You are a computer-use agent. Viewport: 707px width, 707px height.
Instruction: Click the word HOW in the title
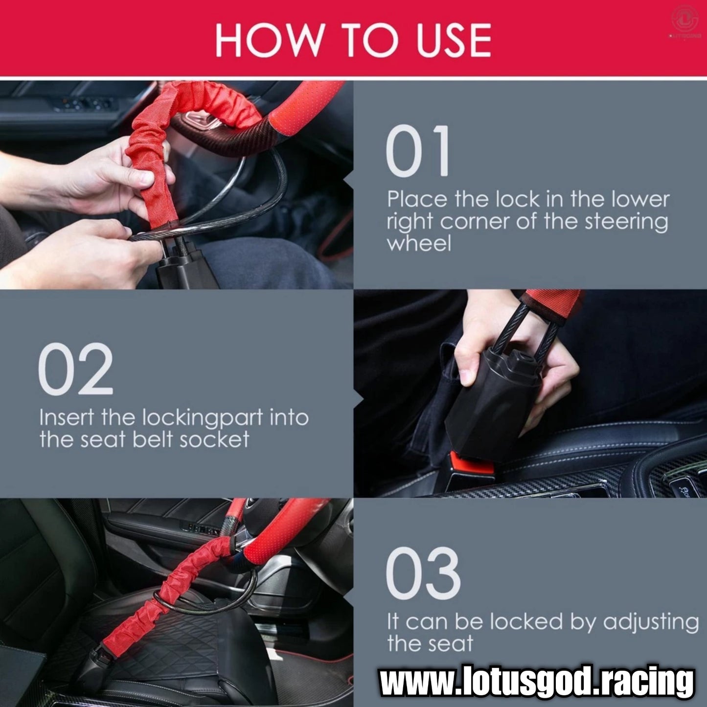pyautogui.click(x=270, y=40)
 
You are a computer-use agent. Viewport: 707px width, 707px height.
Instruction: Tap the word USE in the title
pyautogui.click(x=454, y=40)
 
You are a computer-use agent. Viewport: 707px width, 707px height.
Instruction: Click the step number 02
pyautogui.click(x=75, y=369)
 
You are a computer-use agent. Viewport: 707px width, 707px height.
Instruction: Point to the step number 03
pyautogui.click(x=423, y=572)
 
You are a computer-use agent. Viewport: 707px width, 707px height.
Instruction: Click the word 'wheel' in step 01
pyautogui.click(x=419, y=243)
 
